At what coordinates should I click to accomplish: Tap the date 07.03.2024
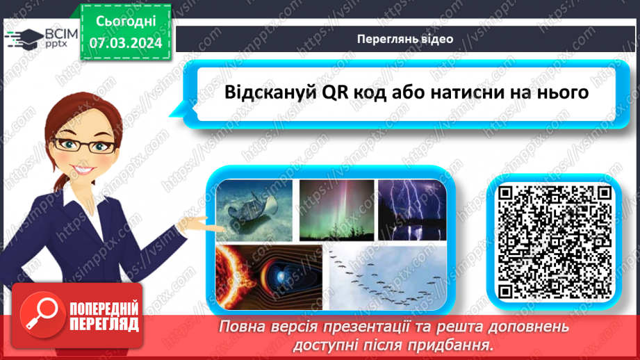pos(126,43)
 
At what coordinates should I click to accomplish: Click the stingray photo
pos(255,211)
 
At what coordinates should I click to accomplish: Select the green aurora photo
pos(337,211)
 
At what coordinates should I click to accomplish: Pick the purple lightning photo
pos(411,211)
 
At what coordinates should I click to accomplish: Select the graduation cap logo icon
pos(22,36)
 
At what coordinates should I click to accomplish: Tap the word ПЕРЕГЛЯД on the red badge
pos(104,324)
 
